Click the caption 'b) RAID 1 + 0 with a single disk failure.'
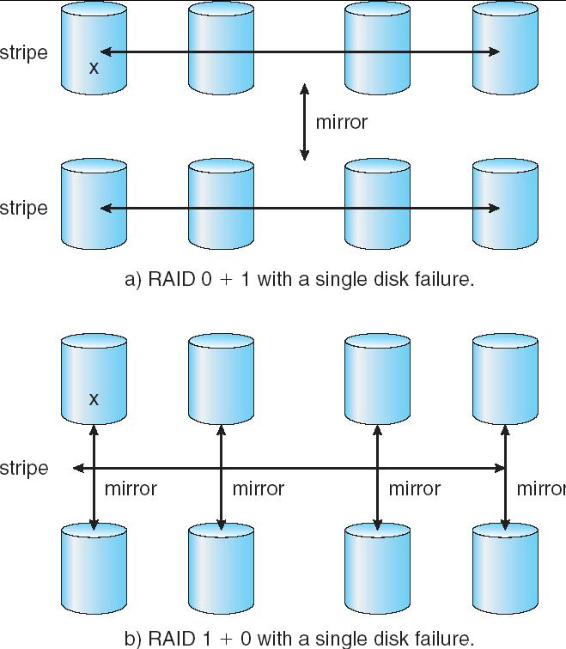pyautogui.click(x=300, y=638)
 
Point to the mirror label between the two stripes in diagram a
pyautogui.click(x=341, y=122)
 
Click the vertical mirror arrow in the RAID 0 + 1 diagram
pyautogui.click(x=304, y=122)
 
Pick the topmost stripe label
pyautogui.click(x=24, y=53)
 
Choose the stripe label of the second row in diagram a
pyautogui.click(x=24, y=209)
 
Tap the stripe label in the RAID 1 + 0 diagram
pyautogui.click(x=24, y=469)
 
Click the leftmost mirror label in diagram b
pyautogui.click(x=130, y=488)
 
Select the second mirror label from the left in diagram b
pyautogui.click(x=258, y=488)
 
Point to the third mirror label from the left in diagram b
pyautogui.click(x=414, y=488)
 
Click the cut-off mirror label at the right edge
pyautogui.click(x=540, y=488)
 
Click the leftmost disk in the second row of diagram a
pyautogui.click(x=94, y=203)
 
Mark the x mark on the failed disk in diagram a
pyautogui.click(x=94, y=66)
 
